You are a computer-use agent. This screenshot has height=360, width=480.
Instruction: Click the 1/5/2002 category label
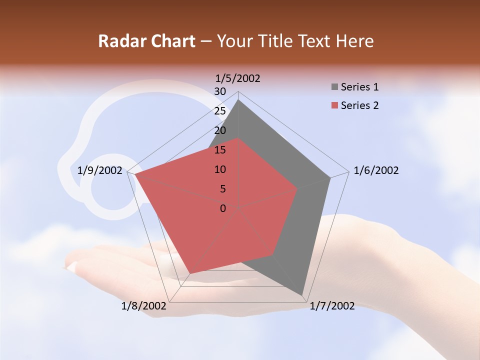(x=238, y=78)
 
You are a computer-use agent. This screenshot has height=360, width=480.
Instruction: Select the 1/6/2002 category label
(x=376, y=170)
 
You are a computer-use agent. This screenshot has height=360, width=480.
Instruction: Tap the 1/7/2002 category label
(x=332, y=306)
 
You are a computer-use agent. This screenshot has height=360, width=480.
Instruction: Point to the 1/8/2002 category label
(x=144, y=306)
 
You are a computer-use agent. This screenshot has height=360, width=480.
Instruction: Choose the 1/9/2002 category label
(x=100, y=170)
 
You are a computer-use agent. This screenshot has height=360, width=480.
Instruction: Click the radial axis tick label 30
(x=220, y=91)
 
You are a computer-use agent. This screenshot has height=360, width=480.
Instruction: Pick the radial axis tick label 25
(x=220, y=111)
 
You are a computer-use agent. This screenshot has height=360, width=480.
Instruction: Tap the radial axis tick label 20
(x=220, y=130)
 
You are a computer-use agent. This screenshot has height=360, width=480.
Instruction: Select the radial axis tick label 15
(x=220, y=150)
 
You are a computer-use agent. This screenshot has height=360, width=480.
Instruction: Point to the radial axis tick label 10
(x=220, y=169)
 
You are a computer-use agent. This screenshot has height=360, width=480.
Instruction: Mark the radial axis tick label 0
(x=223, y=208)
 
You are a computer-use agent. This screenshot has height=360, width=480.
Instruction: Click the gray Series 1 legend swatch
(x=334, y=87)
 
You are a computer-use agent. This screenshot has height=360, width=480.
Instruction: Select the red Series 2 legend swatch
(x=334, y=105)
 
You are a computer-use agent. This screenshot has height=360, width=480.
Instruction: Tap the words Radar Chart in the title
(x=146, y=41)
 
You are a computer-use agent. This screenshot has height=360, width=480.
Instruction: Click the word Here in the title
(x=354, y=41)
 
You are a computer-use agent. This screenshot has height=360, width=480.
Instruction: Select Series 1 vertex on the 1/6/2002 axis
(x=330, y=177)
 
